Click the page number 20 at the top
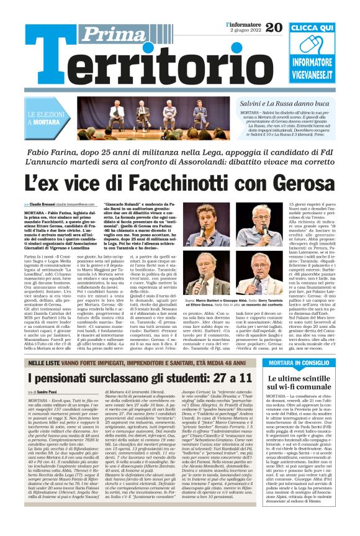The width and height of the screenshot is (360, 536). tap(274, 27)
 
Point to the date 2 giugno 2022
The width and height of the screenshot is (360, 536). tap(244, 30)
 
